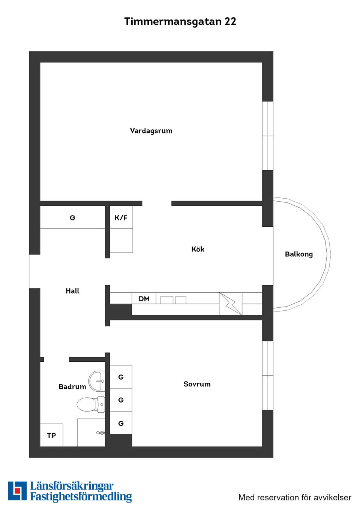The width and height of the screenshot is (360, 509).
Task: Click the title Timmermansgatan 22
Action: [180, 21]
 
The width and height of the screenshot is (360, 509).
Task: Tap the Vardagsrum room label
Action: [151, 131]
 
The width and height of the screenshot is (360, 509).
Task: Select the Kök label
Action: [198, 249]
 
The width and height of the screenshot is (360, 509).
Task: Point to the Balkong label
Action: [298, 254]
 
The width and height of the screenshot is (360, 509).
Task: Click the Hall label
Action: [72, 291]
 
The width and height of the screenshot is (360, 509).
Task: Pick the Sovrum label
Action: [197, 384]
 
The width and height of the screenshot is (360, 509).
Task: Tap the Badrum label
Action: [72, 387]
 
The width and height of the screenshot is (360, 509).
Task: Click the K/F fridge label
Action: [121, 218]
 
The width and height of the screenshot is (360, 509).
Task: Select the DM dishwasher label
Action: [144, 299]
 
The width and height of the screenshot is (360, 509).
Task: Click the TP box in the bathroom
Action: [51, 435]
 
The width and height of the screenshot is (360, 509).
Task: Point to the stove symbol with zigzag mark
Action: [231, 304]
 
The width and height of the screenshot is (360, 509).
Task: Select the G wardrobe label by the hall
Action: [72, 218]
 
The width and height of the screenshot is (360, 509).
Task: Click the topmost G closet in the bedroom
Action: [121, 377]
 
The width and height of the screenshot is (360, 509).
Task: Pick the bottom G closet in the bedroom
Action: [121, 423]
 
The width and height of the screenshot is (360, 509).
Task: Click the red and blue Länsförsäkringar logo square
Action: [17, 491]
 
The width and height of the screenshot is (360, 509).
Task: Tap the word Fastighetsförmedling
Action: [81, 497]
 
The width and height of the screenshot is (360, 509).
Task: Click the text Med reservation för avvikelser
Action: [295, 497]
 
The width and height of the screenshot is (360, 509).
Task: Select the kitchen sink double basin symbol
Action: [173, 300]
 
